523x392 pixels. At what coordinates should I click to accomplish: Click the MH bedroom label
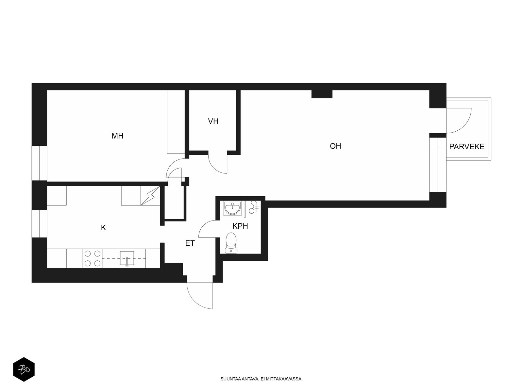(117, 136)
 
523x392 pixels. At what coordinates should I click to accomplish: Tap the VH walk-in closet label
(213, 122)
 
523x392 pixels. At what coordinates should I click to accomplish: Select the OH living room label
(335, 146)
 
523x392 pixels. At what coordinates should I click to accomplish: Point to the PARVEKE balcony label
(466, 147)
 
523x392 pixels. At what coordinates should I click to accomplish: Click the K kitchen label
(103, 228)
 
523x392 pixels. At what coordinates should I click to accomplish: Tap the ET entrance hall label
(190, 243)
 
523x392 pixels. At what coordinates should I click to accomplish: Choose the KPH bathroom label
(240, 226)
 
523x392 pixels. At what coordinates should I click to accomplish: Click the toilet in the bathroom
(231, 243)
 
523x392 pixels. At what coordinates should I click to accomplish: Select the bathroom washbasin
(232, 208)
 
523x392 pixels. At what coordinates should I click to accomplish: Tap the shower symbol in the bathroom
(254, 207)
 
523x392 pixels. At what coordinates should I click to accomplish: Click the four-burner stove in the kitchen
(93, 258)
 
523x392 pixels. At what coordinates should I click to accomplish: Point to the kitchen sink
(127, 258)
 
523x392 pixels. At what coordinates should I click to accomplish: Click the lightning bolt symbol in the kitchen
(150, 196)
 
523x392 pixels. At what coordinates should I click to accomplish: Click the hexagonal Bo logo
(24, 369)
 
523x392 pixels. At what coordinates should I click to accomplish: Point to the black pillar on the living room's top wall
(322, 94)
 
